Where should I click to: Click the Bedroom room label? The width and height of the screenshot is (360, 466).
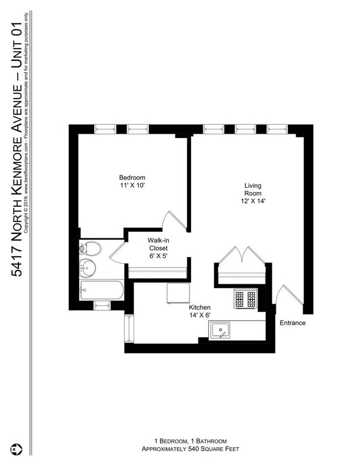pyautogui.click(x=132, y=177)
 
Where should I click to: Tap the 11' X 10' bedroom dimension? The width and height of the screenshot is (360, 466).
pyautogui.click(x=132, y=186)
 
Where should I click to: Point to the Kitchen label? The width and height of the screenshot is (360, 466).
pyautogui.click(x=199, y=308)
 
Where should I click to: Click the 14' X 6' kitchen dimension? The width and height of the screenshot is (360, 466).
pyautogui.click(x=199, y=316)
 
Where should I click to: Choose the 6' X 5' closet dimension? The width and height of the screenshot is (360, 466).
pyautogui.click(x=158, y=257)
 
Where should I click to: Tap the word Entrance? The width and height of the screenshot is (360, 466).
pyautogui.click(x=292, y=323)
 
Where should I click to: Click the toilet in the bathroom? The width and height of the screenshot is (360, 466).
pyautogui.click(x=90, y=249)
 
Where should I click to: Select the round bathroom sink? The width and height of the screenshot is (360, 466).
pyautogui.click(x=87, y=269)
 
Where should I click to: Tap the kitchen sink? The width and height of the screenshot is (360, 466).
pyautogui.click(x=221, y=331)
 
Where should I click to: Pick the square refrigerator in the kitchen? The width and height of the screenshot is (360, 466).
pyautogui.click(x=179, y=293)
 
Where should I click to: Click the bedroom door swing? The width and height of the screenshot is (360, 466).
pyautogui.click(x=176, y=221)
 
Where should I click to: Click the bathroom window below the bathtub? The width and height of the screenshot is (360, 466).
pyautogui.click(x=102, y=305)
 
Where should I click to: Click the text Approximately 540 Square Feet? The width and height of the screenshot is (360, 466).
pyautogui.click(x=189, y=449)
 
